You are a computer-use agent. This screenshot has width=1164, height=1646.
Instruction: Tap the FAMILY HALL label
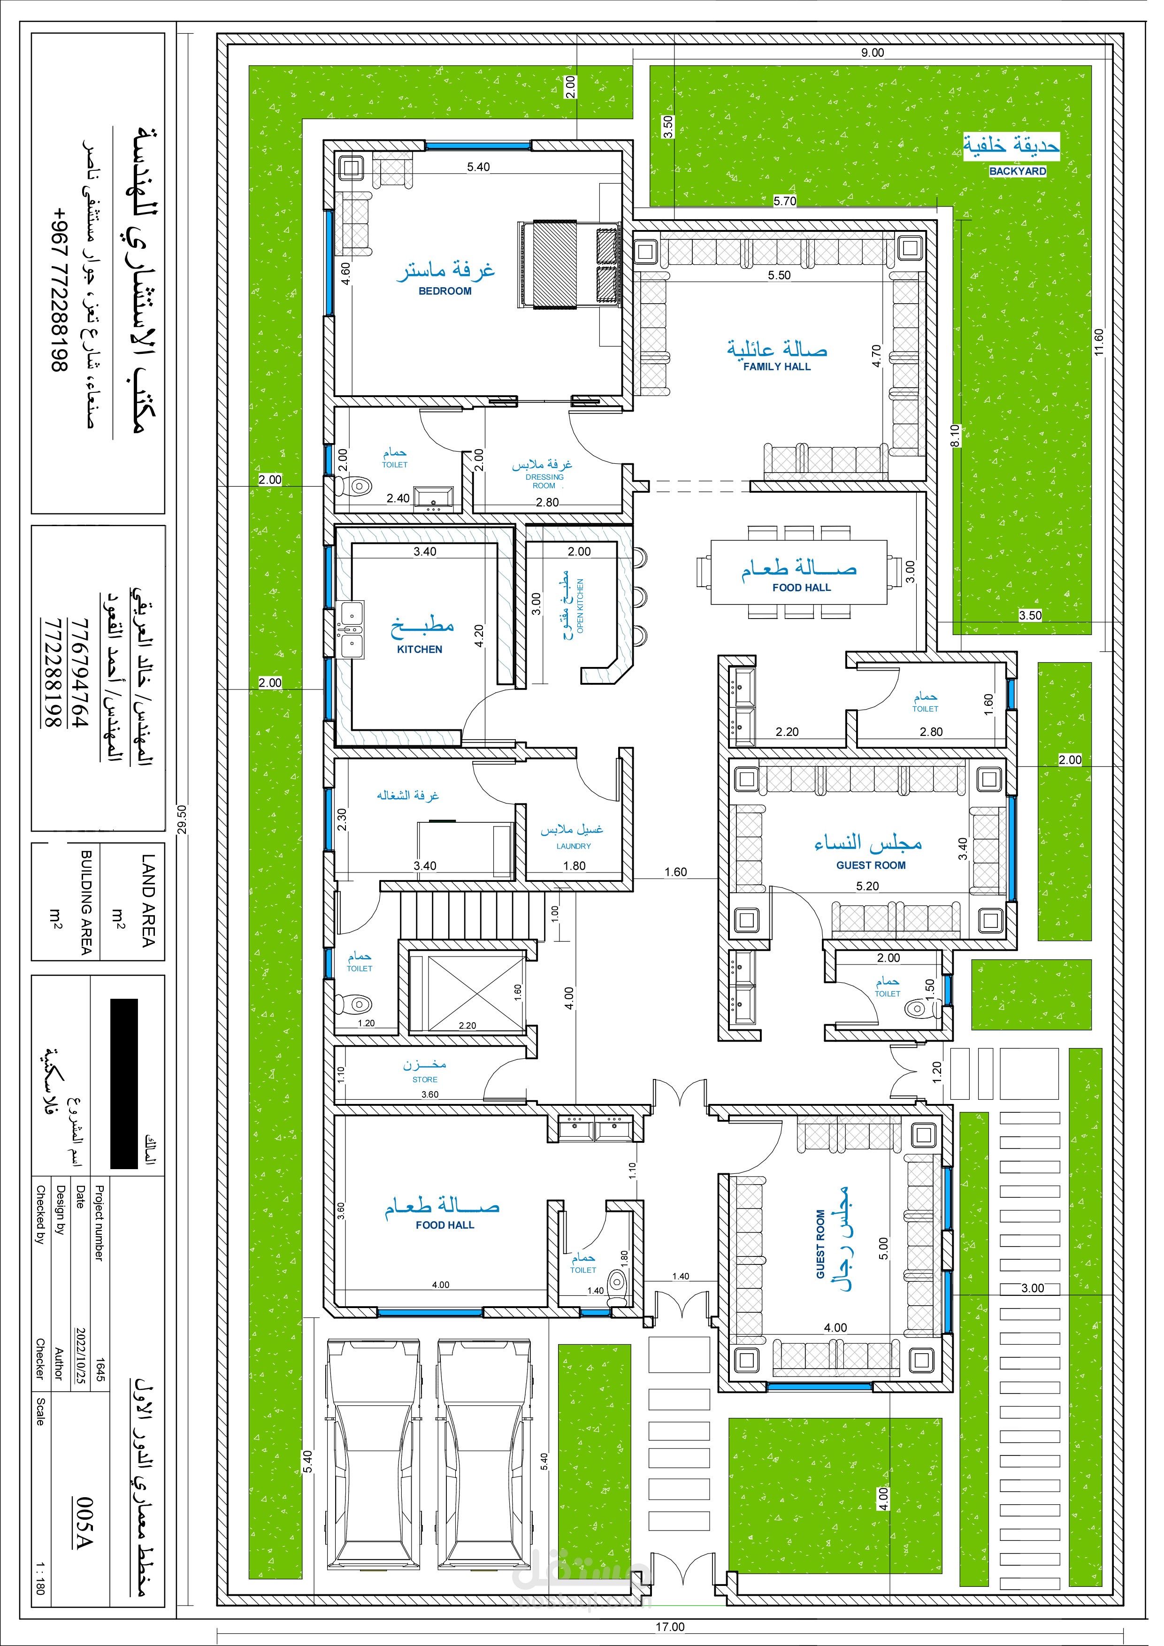[x=788, y=371]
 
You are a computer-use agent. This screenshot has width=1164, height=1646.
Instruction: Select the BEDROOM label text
[x=452, y=295]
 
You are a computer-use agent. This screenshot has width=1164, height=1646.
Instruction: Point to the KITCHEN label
[x=426, y=658]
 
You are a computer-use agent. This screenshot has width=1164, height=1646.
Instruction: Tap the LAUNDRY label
[x=581, y=857]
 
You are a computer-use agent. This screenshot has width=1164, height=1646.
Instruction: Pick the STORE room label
[x=431, y=1094]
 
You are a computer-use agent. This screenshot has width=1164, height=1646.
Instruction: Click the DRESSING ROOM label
[x=552, y=488]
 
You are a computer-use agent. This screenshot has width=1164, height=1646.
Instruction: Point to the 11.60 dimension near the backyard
[x=1115, y=347]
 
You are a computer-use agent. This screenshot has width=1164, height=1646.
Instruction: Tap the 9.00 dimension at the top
[x=884, y=53]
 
